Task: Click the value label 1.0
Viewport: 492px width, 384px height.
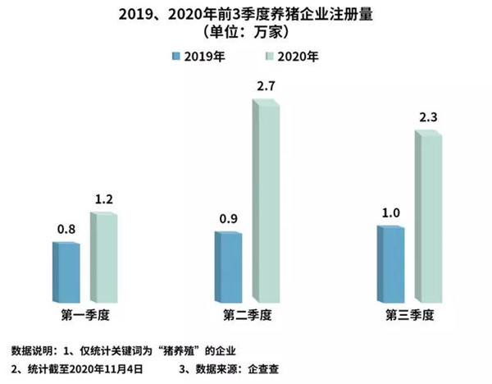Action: pyautogui.click(x=391, y=213)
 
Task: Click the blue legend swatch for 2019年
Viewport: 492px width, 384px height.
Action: pyautogui.click(x=175, y=57)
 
